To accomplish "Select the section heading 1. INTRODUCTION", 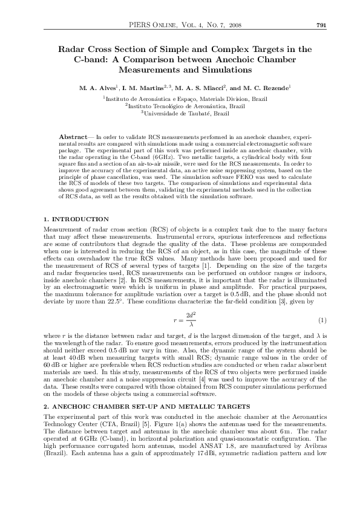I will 77,219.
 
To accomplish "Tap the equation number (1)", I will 322,319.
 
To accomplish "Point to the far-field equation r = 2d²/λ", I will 180,319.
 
